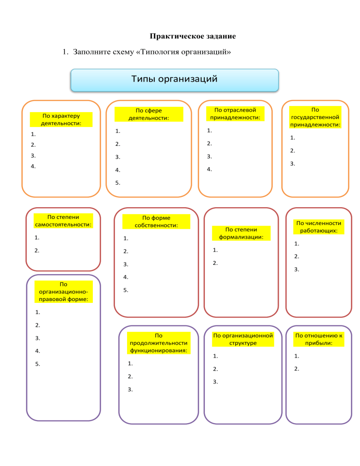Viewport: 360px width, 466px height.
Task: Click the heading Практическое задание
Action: (x=193, y=36)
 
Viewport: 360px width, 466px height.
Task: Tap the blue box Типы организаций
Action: (x=174, y=80)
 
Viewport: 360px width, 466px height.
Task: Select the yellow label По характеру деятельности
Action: (x=61, y=120)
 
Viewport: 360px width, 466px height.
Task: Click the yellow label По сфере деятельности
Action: (x=149, y=114)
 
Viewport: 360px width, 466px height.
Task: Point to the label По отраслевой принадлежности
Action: (x=235, y=113)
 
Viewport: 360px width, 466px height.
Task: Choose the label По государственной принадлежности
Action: (x=315, y=117)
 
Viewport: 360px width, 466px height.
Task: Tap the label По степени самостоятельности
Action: (x=63, y=221)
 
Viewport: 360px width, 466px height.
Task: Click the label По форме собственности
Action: (x=156, y=221)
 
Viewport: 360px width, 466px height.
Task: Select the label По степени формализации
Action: (x=241, y=233)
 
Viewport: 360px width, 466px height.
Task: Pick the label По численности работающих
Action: (x=319, y=227)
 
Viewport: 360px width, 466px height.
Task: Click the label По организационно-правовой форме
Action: (x=64, y=292)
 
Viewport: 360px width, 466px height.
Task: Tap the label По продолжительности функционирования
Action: (x=159, y=343)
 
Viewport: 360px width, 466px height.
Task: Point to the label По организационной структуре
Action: (x=243, y=339)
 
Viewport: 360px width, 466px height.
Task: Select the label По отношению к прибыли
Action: (x=319, y=339)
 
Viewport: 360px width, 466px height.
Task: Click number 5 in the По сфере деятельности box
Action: (x=118, y=183)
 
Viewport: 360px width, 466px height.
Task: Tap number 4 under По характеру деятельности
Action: (x=33, y=166)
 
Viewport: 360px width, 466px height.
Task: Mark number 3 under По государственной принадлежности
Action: (x=292, y=164)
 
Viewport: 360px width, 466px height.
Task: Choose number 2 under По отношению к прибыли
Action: (x=296, y=369)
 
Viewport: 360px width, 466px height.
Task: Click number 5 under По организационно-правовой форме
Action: (x=37, y=364)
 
